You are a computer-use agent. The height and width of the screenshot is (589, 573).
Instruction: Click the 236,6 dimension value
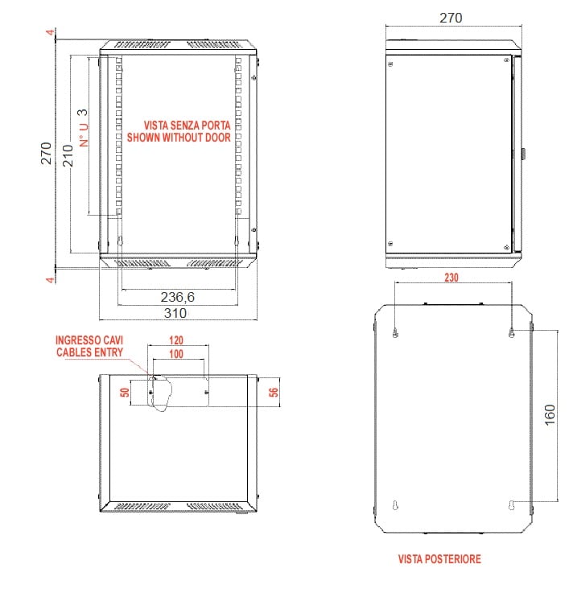[x=178, y=297]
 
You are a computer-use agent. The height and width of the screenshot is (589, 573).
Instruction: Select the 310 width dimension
[x=175, y=313]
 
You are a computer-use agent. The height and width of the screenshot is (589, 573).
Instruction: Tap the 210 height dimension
[x=68, y=155]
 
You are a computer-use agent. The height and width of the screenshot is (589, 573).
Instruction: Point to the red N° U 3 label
[x=84, y=128]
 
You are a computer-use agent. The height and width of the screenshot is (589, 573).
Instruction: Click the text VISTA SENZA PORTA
[x=188, y=125]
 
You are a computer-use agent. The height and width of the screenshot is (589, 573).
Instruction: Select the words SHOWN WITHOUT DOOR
[x=179, y=137]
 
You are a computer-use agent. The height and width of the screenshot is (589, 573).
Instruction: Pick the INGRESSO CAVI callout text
[x=89, y=340]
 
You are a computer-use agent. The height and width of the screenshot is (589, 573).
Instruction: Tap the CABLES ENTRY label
[x=90, y=352]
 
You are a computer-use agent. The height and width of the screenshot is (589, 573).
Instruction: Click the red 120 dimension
[x=176, y=340]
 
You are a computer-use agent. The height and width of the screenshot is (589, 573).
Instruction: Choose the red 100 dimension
[x=176, y=353]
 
